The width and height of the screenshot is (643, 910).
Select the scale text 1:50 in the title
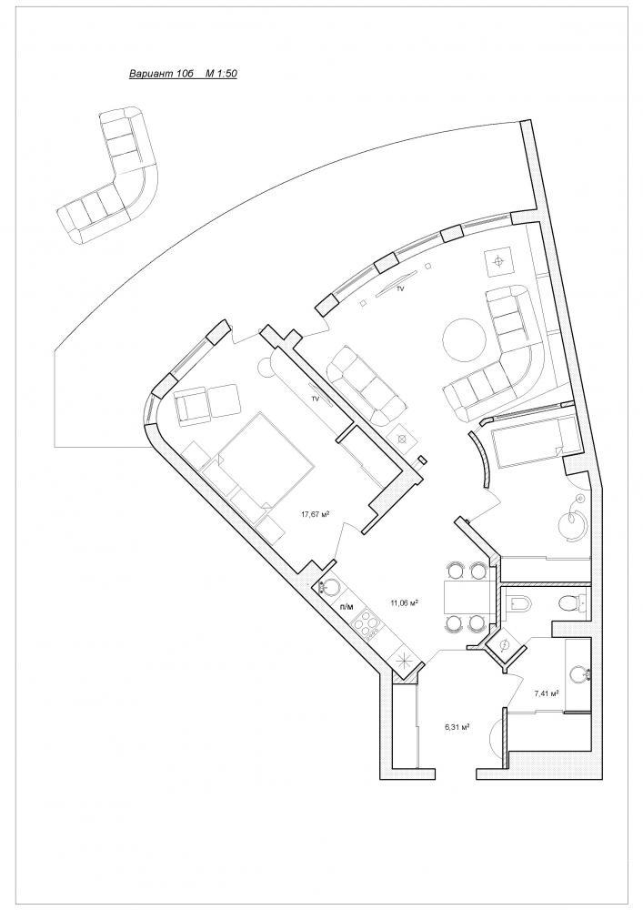[226, 75]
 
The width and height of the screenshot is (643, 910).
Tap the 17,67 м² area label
[316, 513]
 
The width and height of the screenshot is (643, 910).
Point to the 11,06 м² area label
[405, 603]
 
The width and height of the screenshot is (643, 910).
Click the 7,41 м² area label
[547, 693]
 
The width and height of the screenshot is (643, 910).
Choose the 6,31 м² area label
[457, 726]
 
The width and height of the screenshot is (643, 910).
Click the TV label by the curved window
[399, 288]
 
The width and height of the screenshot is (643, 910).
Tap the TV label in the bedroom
[316, 399]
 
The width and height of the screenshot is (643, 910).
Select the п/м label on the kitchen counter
[347, 606]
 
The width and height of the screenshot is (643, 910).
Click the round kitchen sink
[328, 587]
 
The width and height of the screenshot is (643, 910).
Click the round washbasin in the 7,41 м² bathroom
[580, 674]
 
